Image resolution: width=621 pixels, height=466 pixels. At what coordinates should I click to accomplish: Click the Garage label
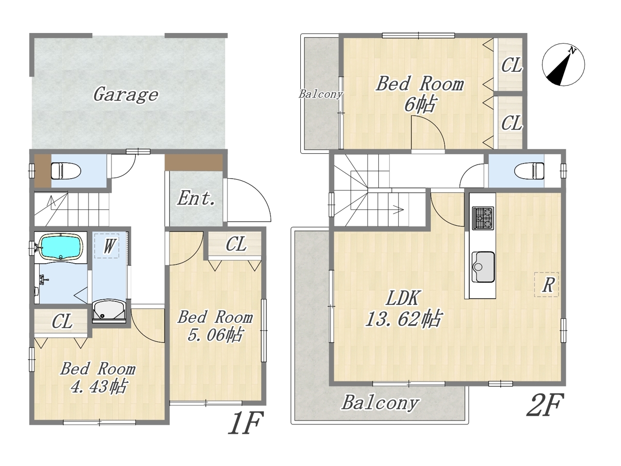coord(126,95)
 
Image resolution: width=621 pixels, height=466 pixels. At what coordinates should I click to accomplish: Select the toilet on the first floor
coord(66,170)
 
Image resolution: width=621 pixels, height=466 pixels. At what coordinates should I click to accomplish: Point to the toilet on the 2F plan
coord(529,170)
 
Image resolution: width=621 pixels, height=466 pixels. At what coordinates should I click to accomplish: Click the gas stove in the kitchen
coord(483,217)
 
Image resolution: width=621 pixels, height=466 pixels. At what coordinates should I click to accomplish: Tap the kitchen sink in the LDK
coord(483,267)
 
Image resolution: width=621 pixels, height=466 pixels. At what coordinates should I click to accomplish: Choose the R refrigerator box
coord(546,284)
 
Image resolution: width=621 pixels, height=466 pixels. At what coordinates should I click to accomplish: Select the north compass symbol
coord(563,65)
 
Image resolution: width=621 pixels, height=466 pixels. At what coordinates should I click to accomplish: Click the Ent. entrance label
coord(196,199)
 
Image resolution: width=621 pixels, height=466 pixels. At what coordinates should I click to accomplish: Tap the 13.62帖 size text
coord(403,319)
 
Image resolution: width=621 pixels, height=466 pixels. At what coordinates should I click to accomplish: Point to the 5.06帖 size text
coord(215,335)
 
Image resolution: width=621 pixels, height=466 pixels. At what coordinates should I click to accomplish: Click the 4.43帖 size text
coord(98,386)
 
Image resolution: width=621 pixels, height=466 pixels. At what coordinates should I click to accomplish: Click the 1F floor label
coord(245,423)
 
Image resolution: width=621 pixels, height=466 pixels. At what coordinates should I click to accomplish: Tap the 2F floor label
coord(544,405)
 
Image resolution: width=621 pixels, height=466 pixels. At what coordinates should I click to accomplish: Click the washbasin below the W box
coord(109,312)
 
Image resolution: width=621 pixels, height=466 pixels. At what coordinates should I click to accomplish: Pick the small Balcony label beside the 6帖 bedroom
coord(321,94)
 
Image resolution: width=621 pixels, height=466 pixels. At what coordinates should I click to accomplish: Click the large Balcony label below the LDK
coord(380,402)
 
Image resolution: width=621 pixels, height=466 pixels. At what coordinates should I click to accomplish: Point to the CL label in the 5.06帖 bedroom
coord(236,244)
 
